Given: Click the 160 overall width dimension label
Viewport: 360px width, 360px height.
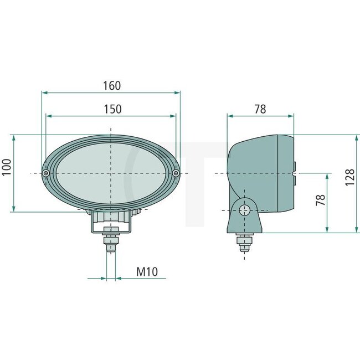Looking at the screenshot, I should pyautogui.click(x=111, y=86).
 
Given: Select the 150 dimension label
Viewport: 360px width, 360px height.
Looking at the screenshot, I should pyautogui.click(x=112, y=109).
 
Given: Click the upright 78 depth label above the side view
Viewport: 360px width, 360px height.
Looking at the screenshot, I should pyautogui.click(x=260, y=109).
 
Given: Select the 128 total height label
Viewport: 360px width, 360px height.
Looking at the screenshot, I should pyautogui.click(x=349, y=177).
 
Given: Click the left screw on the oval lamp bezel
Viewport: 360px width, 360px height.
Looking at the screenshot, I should pyautogui.click(x=45, y=173).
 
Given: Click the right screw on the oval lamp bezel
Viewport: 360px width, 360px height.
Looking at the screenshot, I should pyautogui.click(x=176, y=173).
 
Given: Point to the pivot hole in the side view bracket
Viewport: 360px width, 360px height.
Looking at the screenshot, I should pyautogui.click(x=244, y=209).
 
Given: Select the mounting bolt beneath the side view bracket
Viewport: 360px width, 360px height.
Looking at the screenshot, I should pyautogui.click(x=244, y=242).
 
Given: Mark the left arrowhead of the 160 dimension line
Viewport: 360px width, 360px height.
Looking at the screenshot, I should pyautogui.click(x=44, y=92).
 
